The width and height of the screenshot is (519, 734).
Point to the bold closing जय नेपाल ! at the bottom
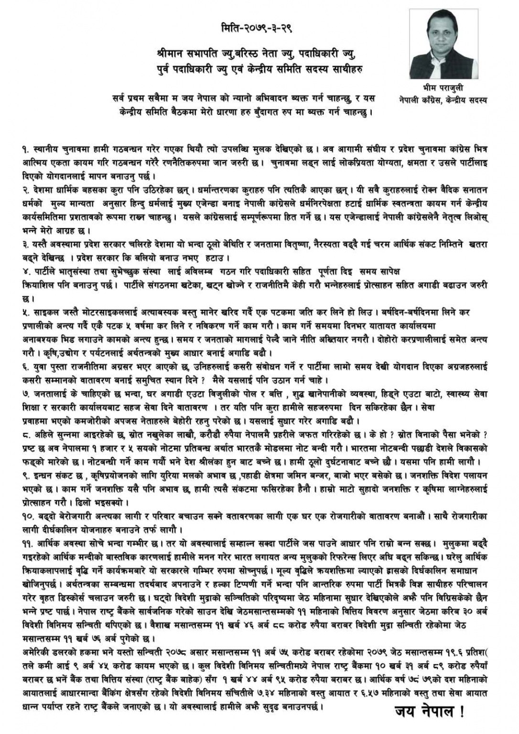(429, 712)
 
